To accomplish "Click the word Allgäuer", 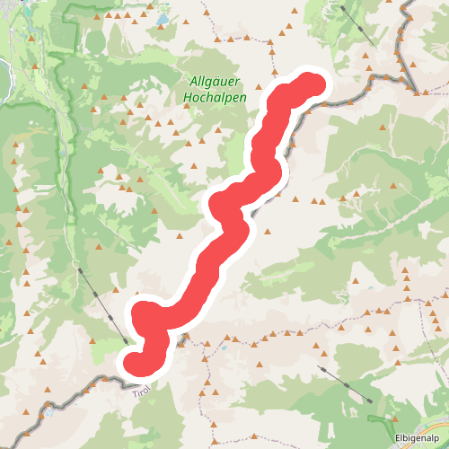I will (214, 81).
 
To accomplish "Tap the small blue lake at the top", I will (162, 18).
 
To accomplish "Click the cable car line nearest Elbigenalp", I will (346, 384).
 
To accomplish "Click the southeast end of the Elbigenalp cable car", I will (369, 401).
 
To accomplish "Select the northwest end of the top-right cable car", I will (342, 6).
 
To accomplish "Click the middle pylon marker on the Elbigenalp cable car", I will (346, 384).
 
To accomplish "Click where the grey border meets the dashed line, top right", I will (418, 91).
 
